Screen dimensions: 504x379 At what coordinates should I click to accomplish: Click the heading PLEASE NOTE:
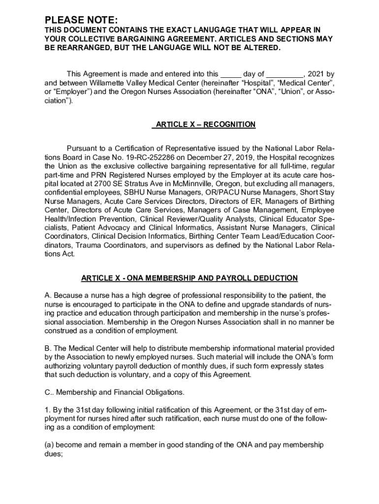[81, 20]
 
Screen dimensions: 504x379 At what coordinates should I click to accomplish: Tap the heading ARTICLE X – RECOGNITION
[203, 125]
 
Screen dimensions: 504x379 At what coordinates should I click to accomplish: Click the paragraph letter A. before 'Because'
[48, 295]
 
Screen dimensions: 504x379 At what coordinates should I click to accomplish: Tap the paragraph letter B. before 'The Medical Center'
[48, 348]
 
